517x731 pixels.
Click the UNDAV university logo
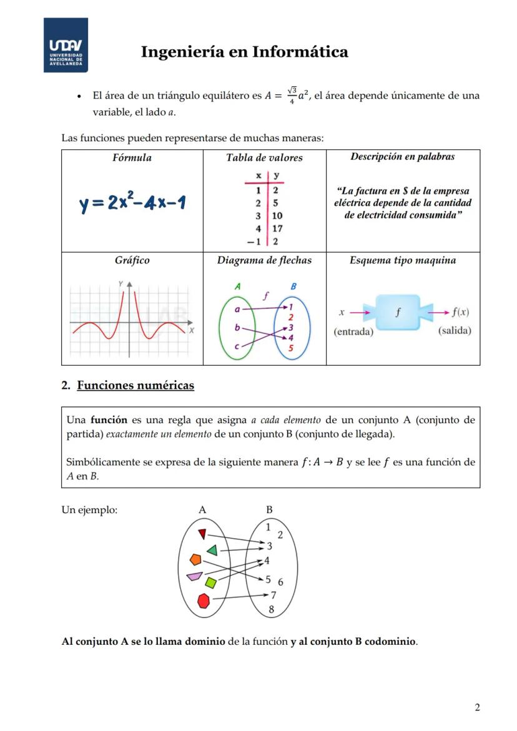[66, 45]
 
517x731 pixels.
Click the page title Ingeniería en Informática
[244, 52]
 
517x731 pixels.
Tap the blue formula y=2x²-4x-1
[132, 204]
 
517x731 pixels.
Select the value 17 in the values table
[277, 228]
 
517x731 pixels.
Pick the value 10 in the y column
[277, 216]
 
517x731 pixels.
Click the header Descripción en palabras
[403, 157]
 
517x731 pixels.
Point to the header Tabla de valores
[264, 158]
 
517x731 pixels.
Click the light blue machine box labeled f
[398, 312]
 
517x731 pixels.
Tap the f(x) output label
[461, 312]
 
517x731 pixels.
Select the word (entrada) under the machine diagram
[353, 331]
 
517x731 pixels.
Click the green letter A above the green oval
[237, 287]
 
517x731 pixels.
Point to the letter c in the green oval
[237, 346]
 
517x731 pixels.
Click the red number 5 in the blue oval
[291, 348]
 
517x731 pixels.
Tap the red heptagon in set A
[204, 601]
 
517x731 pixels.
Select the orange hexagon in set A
[196, 559]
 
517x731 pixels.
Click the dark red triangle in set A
[202, 534]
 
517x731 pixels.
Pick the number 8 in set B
[271, 609]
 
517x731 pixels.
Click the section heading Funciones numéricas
[135, 385]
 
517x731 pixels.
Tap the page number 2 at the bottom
[478, 707]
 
